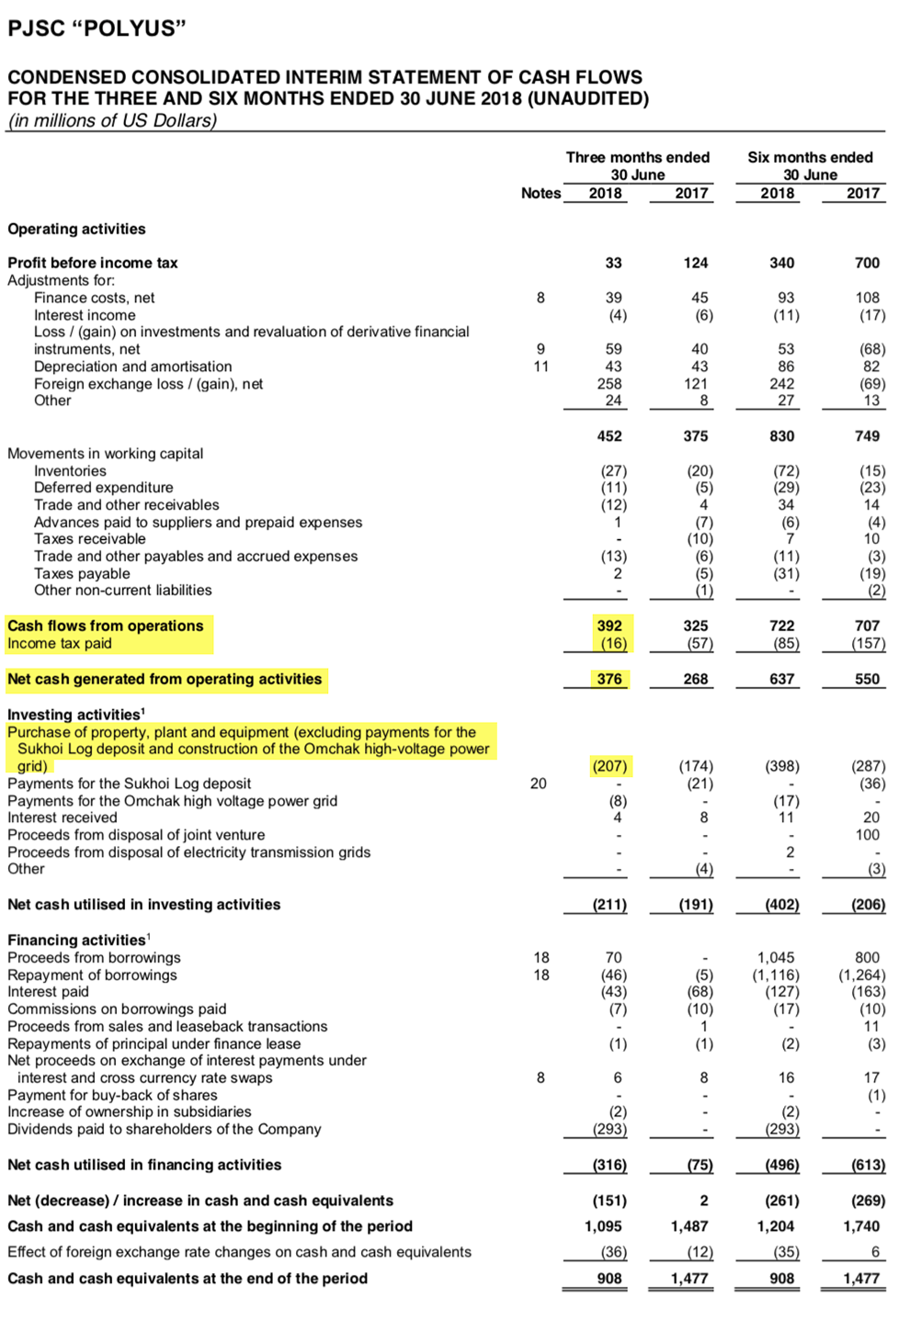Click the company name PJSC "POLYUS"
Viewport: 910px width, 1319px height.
tap(97, 28)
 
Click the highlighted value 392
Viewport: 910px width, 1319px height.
tap(609, 626)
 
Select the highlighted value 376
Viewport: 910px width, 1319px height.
tap(609, 679)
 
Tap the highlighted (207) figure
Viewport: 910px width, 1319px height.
tap(609, 766)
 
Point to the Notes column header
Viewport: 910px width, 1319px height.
tap(540, 193)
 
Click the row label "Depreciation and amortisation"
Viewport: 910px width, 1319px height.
tap(133, 366)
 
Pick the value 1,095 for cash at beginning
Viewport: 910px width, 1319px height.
tap(603, 1226)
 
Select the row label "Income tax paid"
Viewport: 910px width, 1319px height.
tap(60, 643)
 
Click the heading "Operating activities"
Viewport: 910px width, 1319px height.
tap(76, 229)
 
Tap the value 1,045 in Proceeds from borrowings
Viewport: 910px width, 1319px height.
tap(778, 957)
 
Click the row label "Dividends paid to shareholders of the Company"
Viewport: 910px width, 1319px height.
tap(165, 1129)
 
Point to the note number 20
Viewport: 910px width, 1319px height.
tap(539, 784)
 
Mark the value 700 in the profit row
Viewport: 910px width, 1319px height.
tap(867, 263)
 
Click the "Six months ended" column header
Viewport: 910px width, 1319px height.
tap(810, 157)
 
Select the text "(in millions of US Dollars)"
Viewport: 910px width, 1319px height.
tap(112, 120)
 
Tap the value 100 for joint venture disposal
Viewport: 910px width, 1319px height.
tap(867, 835)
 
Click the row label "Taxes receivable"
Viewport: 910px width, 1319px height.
tap(90, 539)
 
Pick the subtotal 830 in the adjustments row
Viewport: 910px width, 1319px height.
tap(781, 436)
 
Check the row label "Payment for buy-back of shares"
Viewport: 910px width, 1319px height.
tap(113, 1095)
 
